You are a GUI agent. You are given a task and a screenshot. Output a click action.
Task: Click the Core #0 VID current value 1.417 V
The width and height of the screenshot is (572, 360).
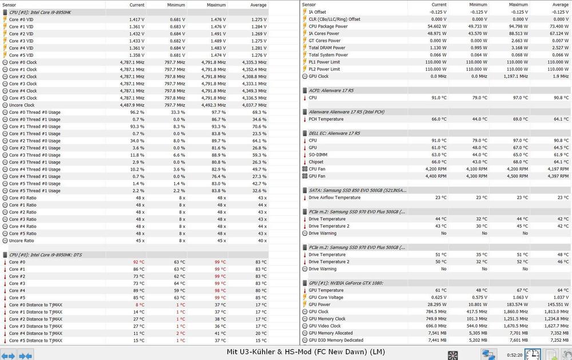pos(136,19)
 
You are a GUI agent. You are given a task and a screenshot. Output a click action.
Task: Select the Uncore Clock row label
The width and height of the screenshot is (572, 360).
pos(22,105)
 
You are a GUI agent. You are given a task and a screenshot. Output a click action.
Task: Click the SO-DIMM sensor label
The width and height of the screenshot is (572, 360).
pos(319,155)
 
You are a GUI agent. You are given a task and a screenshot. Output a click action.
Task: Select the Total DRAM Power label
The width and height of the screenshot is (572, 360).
pos(327,48)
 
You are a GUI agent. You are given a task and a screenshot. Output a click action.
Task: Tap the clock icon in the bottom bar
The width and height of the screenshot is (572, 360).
pos(532,354)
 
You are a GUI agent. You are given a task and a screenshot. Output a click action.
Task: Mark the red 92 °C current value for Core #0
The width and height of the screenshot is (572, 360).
pos(138,262)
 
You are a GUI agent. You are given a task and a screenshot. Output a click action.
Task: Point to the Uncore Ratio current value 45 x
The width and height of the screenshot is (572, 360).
pos(140,240)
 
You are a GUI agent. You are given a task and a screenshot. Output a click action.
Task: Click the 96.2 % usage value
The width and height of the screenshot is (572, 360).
pos(137,112)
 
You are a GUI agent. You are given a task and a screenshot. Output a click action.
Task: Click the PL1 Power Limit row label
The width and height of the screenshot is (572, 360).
pos(324,62)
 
